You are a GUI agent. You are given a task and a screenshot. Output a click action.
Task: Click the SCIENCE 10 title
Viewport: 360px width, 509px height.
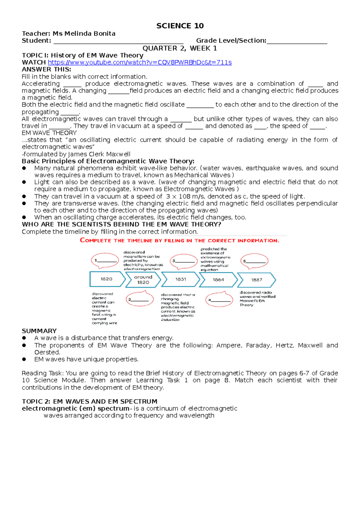pos(180,26)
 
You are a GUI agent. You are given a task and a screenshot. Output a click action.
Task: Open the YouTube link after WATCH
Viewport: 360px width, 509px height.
pos(139,62)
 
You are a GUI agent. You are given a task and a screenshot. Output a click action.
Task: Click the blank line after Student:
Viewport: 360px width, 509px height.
pos(118,41)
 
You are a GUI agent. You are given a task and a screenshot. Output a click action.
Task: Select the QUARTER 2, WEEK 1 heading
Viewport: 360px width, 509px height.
pos(179,48)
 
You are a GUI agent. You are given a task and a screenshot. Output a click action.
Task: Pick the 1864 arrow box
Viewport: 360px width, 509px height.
pos(218,280)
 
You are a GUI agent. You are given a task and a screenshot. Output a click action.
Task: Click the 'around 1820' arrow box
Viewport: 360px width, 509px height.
pos(143,280)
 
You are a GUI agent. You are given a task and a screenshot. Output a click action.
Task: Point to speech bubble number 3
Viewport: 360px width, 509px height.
pos(184,261)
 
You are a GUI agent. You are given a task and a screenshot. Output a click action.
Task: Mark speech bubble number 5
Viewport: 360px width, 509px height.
pos(254,261)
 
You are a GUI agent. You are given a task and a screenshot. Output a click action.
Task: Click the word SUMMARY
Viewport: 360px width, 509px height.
pos(39,331)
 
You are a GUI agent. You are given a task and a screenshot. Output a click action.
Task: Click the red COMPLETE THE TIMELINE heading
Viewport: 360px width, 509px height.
pos(179,240)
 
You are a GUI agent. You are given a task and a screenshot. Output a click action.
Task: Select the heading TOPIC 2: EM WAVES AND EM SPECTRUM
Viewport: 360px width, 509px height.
pos(89,401)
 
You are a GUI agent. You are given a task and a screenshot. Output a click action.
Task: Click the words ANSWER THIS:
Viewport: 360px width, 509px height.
pos(46,69)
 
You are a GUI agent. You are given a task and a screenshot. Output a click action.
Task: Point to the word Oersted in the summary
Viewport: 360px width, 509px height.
pos(47,352)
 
